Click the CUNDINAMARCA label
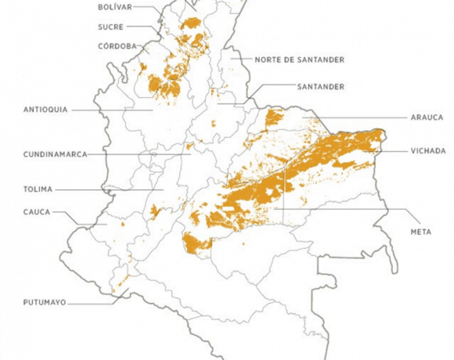click(x=54, y=154)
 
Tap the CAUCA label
click(x=37, y=211)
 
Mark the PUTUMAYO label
click(x=46, y=301)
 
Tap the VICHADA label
click(x=427, y=150)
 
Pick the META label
click(x=420, y=232)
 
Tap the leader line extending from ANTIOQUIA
click(x=110, y=110)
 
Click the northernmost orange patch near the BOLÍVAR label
click(x=190, y=23)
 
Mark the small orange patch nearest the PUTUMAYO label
click(x=119, y=281)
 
